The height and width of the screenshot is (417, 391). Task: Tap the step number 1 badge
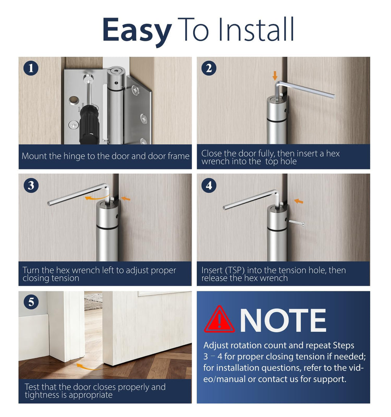pos(31,68)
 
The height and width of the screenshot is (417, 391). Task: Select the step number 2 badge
pos(209,68)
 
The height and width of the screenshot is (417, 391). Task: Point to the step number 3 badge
pos(31,185)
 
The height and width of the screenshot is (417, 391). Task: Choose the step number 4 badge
pos(209,185)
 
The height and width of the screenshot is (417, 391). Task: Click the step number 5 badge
pos(31,302)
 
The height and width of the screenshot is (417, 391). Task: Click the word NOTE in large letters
pos(283,320)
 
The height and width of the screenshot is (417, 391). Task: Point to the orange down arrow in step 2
pos(275,76)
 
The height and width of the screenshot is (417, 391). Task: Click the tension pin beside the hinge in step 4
pos(296,223)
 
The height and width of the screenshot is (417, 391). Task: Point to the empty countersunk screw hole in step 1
pos(72,100)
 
